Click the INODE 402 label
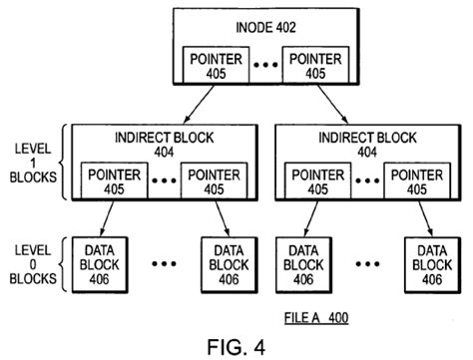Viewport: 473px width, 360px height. [265, 27]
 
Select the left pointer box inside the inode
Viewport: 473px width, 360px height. [216, 65]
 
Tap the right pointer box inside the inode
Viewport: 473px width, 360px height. [315, 65]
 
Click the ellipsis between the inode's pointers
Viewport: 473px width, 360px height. [265, 65]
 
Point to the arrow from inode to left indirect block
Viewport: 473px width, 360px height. [200, 104]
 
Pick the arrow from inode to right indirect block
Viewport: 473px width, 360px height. [332, 105]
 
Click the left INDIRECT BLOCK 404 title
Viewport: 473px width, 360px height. [164, 145]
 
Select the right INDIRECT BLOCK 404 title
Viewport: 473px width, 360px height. [367, 145]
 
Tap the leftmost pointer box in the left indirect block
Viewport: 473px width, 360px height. [115, 180]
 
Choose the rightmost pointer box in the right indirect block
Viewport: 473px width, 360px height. [417, 180]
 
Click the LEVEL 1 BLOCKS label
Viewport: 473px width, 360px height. [33, 163]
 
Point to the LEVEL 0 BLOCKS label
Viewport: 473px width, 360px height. [33, 264]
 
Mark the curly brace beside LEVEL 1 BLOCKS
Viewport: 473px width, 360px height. [64, 163]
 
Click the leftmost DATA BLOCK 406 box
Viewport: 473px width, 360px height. [100, 265]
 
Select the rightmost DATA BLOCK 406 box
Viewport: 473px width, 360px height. [432, 265]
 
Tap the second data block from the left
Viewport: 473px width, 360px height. [230, 265]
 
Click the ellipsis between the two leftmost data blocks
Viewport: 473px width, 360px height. [164, 264]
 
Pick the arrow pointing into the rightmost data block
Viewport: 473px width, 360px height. [426, 218]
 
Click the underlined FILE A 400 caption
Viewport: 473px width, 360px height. [316, 318]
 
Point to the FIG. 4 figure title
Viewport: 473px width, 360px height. [236, 347]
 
